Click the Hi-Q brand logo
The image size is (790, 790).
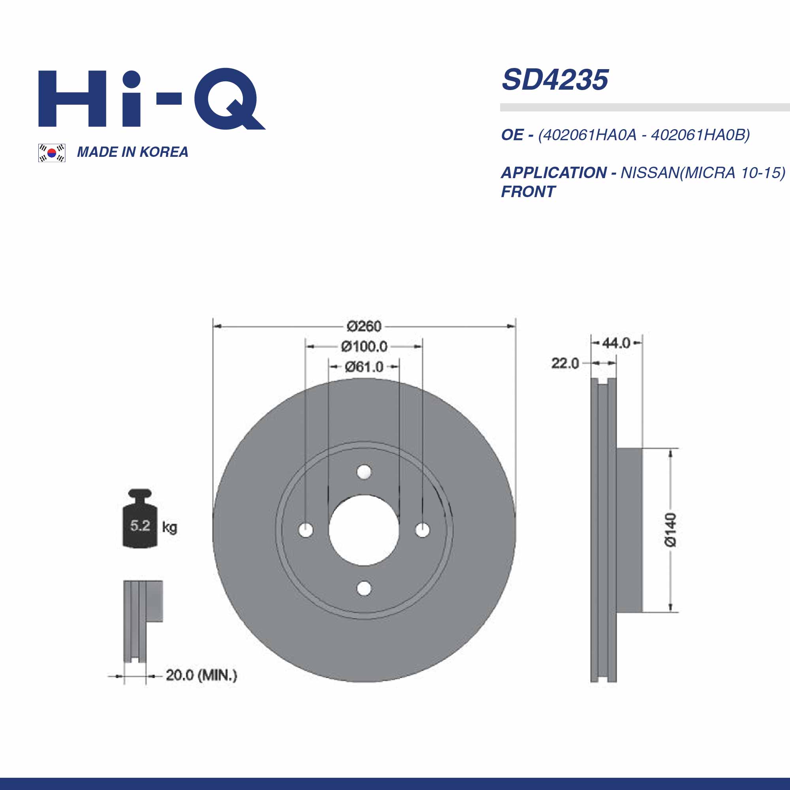pyautogui.click(x=152, y=98)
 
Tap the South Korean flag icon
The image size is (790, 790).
pyautogui.click(x=52, y=153)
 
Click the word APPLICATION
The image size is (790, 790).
pyautogui.click(x=554, y=173)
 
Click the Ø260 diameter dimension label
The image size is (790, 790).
pyautogui.click(x=364, y=326)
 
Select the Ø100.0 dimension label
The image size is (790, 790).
pyautogui.click(x=364, y=347)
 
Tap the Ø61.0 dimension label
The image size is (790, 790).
pyautogui.click(x=364, y=367)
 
